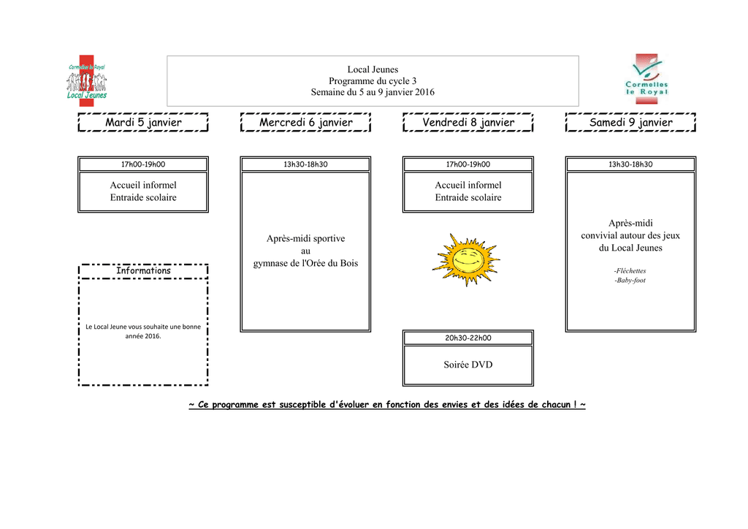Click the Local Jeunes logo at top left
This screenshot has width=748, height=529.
pyautogui.click(x=87, y=81)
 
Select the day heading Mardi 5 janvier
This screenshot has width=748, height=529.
pyautogui.click(x=143, y=123)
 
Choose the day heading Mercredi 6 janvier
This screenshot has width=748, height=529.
pyautogui.click(x=305, y=123)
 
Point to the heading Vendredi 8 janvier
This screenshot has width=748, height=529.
pyautogui.click(x=468, y=123)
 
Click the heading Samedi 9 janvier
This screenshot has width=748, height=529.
pyautogui.click(x=630, y=123)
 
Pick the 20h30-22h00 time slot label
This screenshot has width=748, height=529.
pyautogui.click(x=468, y=338)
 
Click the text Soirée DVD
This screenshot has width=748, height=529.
pyautogui.click(x=468, y=365)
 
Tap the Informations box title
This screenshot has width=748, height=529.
pyautogui.click(x=143, y=271)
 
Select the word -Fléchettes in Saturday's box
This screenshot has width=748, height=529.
pyautogui.click(x=630, y=270)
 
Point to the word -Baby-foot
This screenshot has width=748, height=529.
pyautogui.click(x=630, y=281)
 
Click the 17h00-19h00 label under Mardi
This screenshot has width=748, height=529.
pyautogui.click(x=143, y=164)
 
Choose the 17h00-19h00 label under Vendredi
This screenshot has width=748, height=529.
pyautogui.click(x=468, y=164)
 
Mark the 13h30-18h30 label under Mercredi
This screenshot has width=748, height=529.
pyautogui.click(x=305, y=164)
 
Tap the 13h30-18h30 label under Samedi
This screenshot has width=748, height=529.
pyautogui.click(x=630, y=164)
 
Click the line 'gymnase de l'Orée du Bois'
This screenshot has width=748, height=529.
pyautogui.click(x=305, y=263)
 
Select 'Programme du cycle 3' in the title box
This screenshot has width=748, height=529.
pyautogui.click(x=373, y=81)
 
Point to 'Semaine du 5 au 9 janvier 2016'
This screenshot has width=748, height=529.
pyautogui.click(x=373, y=92)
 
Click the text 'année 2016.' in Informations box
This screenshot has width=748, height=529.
pyautogui.click(x=143, y=336)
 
